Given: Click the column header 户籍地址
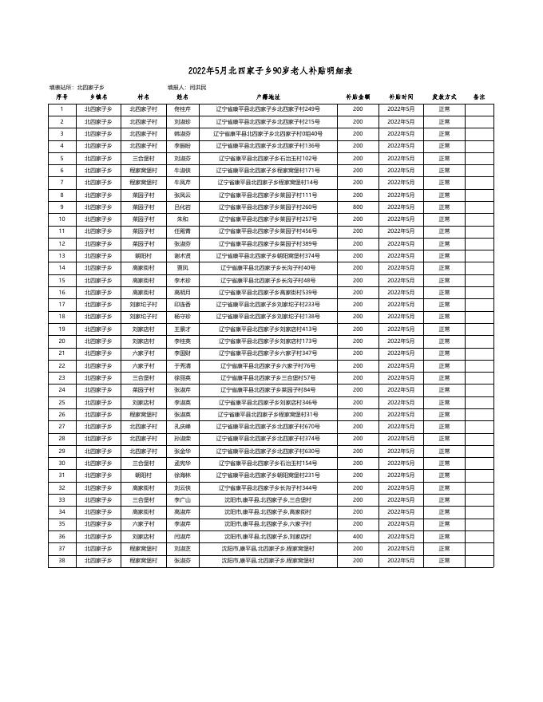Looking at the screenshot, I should (x=268, y=97).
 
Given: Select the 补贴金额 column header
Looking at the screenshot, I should (x=358, y=97).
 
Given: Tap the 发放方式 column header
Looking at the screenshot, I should (x=444, y=97).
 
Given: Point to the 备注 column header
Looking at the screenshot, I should (x=479, y=97).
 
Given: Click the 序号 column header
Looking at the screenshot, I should (x=61, y=97).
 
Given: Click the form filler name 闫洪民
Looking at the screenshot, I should (x=198, y=86).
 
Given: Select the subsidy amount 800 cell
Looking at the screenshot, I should (x=358, y=207).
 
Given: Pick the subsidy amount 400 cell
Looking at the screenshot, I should (x=358, y=536).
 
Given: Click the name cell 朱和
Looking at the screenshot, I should (x=182, y=219).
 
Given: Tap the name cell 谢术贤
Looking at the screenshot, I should (x=182, y=255).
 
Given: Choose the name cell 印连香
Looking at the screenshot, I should (x=182, y=304).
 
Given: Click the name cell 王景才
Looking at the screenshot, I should (x=182, y=329).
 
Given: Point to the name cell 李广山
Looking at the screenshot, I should (x=182, y=499).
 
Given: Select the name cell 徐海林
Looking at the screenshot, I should (x=182, y=475).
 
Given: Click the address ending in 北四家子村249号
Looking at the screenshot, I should (x=268, y=108).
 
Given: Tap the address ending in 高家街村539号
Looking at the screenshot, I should (x=268, y=292).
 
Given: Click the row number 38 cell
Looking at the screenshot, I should (x=61, y=561).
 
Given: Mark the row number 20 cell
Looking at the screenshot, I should (x=61, y=341).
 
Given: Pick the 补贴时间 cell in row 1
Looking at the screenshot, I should (x=402, y=108).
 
